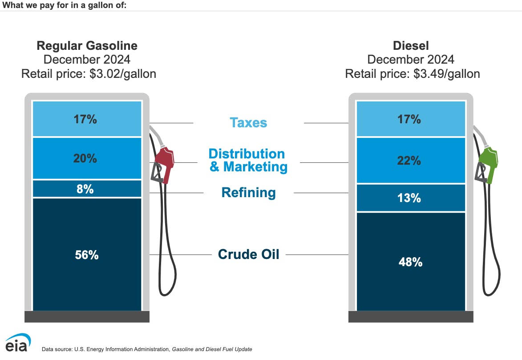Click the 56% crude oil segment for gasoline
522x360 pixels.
click(x=87, y=255)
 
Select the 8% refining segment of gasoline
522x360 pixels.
click(x=87, y=189)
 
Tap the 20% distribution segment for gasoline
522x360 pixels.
click(x=87, y=158)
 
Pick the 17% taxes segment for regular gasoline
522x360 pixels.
click(x=87, y=119)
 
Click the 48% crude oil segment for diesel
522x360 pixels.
click(x=410, y=262)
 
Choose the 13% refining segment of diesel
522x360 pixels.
click(x=410, y=198)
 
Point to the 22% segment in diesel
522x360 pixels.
click(x=410, y=160)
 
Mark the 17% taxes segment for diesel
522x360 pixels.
click(x=410, y=119)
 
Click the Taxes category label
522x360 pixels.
click(x=248, y=122)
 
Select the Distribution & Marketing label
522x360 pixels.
click(x=248, y=160)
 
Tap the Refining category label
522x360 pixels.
click(x=248, y=193)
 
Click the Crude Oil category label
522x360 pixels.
click(x=248, y=254)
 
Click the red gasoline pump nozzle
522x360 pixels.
click(x=165, y=162)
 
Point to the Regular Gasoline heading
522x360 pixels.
click(x=87, y=45)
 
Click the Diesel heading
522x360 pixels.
click(x=411, y=45)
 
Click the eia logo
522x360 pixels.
click(x=18, y=343)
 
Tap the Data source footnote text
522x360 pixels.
click(x=147, y=349)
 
